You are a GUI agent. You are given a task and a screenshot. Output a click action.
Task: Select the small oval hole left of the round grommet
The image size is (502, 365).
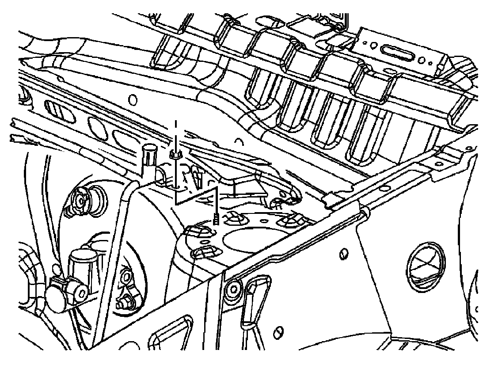click(343, 255)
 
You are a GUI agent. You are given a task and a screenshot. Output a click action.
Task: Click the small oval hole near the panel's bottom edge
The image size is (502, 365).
click(279, 332)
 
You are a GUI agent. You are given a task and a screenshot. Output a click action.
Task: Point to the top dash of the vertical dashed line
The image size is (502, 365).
click(176, 124)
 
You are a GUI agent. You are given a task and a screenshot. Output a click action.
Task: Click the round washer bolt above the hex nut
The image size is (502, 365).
click(126, 278)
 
